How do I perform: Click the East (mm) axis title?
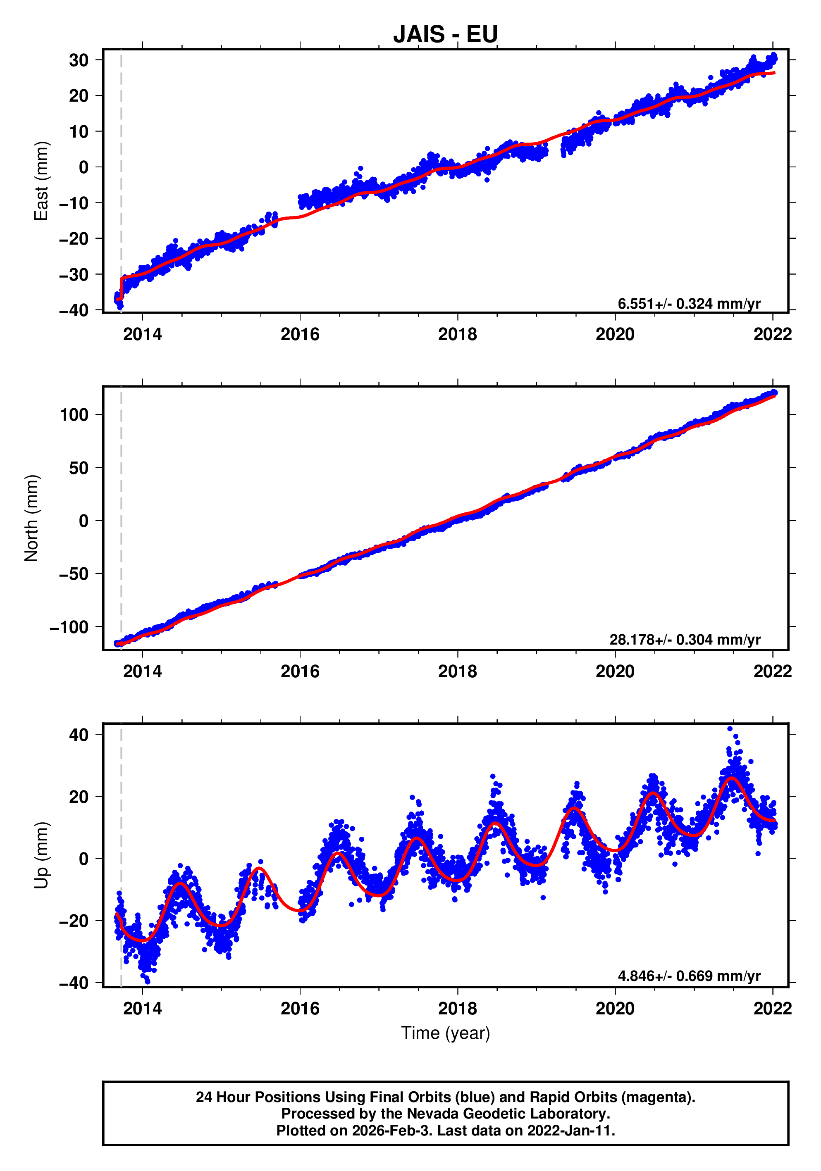[41, 181]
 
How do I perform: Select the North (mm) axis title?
[32, 518]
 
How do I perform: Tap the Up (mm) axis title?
[41, 855]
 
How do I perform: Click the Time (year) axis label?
[446, 1033]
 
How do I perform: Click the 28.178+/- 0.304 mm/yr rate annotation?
[685, 640]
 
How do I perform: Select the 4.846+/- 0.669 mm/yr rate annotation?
[689, 976]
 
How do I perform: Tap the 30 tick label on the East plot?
[79, 60]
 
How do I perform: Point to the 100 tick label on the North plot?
[74, 415]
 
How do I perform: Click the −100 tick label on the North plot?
[69, 627]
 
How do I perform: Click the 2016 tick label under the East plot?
[300, 335]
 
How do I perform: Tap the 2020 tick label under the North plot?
[615, 671]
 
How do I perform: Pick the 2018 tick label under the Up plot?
[457, 1008]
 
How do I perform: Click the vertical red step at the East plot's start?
[122, 288]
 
